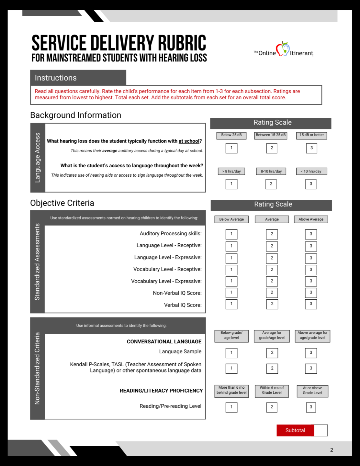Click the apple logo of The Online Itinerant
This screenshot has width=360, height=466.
[x=283, y=49]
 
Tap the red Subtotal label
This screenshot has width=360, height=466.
[x=295, y=430]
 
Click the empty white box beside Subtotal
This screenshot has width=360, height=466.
[x=321, y=430]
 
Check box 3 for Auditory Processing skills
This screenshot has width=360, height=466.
[x=311, y=234]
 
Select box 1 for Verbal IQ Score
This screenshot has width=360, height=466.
[x=231, y=304]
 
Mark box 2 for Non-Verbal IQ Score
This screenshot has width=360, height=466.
[x=272, y=293]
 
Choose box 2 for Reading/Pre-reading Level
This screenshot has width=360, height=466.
[x=272, y=407]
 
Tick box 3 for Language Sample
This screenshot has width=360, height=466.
[x=311, y=353]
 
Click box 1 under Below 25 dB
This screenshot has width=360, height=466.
[x=231, y=148]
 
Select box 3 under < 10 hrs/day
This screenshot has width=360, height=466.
[x=311, y=184]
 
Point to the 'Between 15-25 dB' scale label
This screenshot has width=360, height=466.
[x=271, y=135]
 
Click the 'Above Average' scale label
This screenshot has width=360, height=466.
[x=311, y=219]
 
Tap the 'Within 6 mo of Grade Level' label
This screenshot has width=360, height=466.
[x=272, y=390]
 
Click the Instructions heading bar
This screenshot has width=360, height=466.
[x=78, y=78]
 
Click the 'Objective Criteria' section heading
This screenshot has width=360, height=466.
[x=62, y=203]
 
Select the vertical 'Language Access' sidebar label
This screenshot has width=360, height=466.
[x=38, y=158]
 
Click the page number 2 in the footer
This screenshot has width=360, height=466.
[x=332, y=450]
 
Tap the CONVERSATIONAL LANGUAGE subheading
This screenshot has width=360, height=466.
[x=164, y=342]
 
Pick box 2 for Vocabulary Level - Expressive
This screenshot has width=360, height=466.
[x=272, y=281]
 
